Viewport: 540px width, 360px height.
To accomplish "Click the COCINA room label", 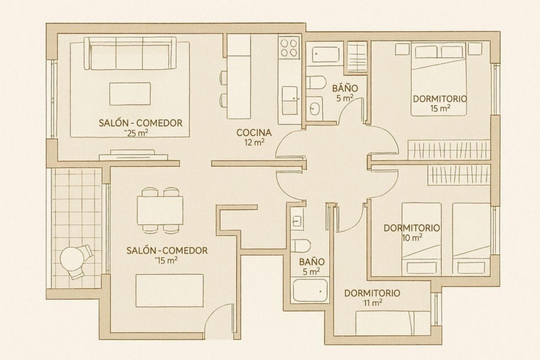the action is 254,132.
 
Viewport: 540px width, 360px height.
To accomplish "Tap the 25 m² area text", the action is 137,133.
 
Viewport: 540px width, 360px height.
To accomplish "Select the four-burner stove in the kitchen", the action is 289,47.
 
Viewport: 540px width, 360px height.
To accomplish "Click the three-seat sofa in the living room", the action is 130,54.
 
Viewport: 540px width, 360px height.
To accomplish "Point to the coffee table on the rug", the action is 130,94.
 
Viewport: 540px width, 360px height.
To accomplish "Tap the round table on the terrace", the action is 71,259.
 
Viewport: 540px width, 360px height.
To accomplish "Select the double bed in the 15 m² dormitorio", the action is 439,79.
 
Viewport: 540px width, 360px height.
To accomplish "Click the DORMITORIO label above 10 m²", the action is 412,228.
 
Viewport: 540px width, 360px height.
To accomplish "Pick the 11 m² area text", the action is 372,303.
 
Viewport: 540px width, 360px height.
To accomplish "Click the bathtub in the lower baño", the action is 310,291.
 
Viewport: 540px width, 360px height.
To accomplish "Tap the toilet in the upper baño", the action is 316,83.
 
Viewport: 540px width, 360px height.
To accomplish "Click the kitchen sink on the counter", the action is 290,100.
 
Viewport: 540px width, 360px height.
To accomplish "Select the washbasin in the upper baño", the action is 314,108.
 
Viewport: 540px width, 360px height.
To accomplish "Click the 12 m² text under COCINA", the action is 254,142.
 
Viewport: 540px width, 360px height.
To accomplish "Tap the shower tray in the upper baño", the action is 324,54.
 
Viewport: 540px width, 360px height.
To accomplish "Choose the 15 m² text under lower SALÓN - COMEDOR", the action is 167,260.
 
